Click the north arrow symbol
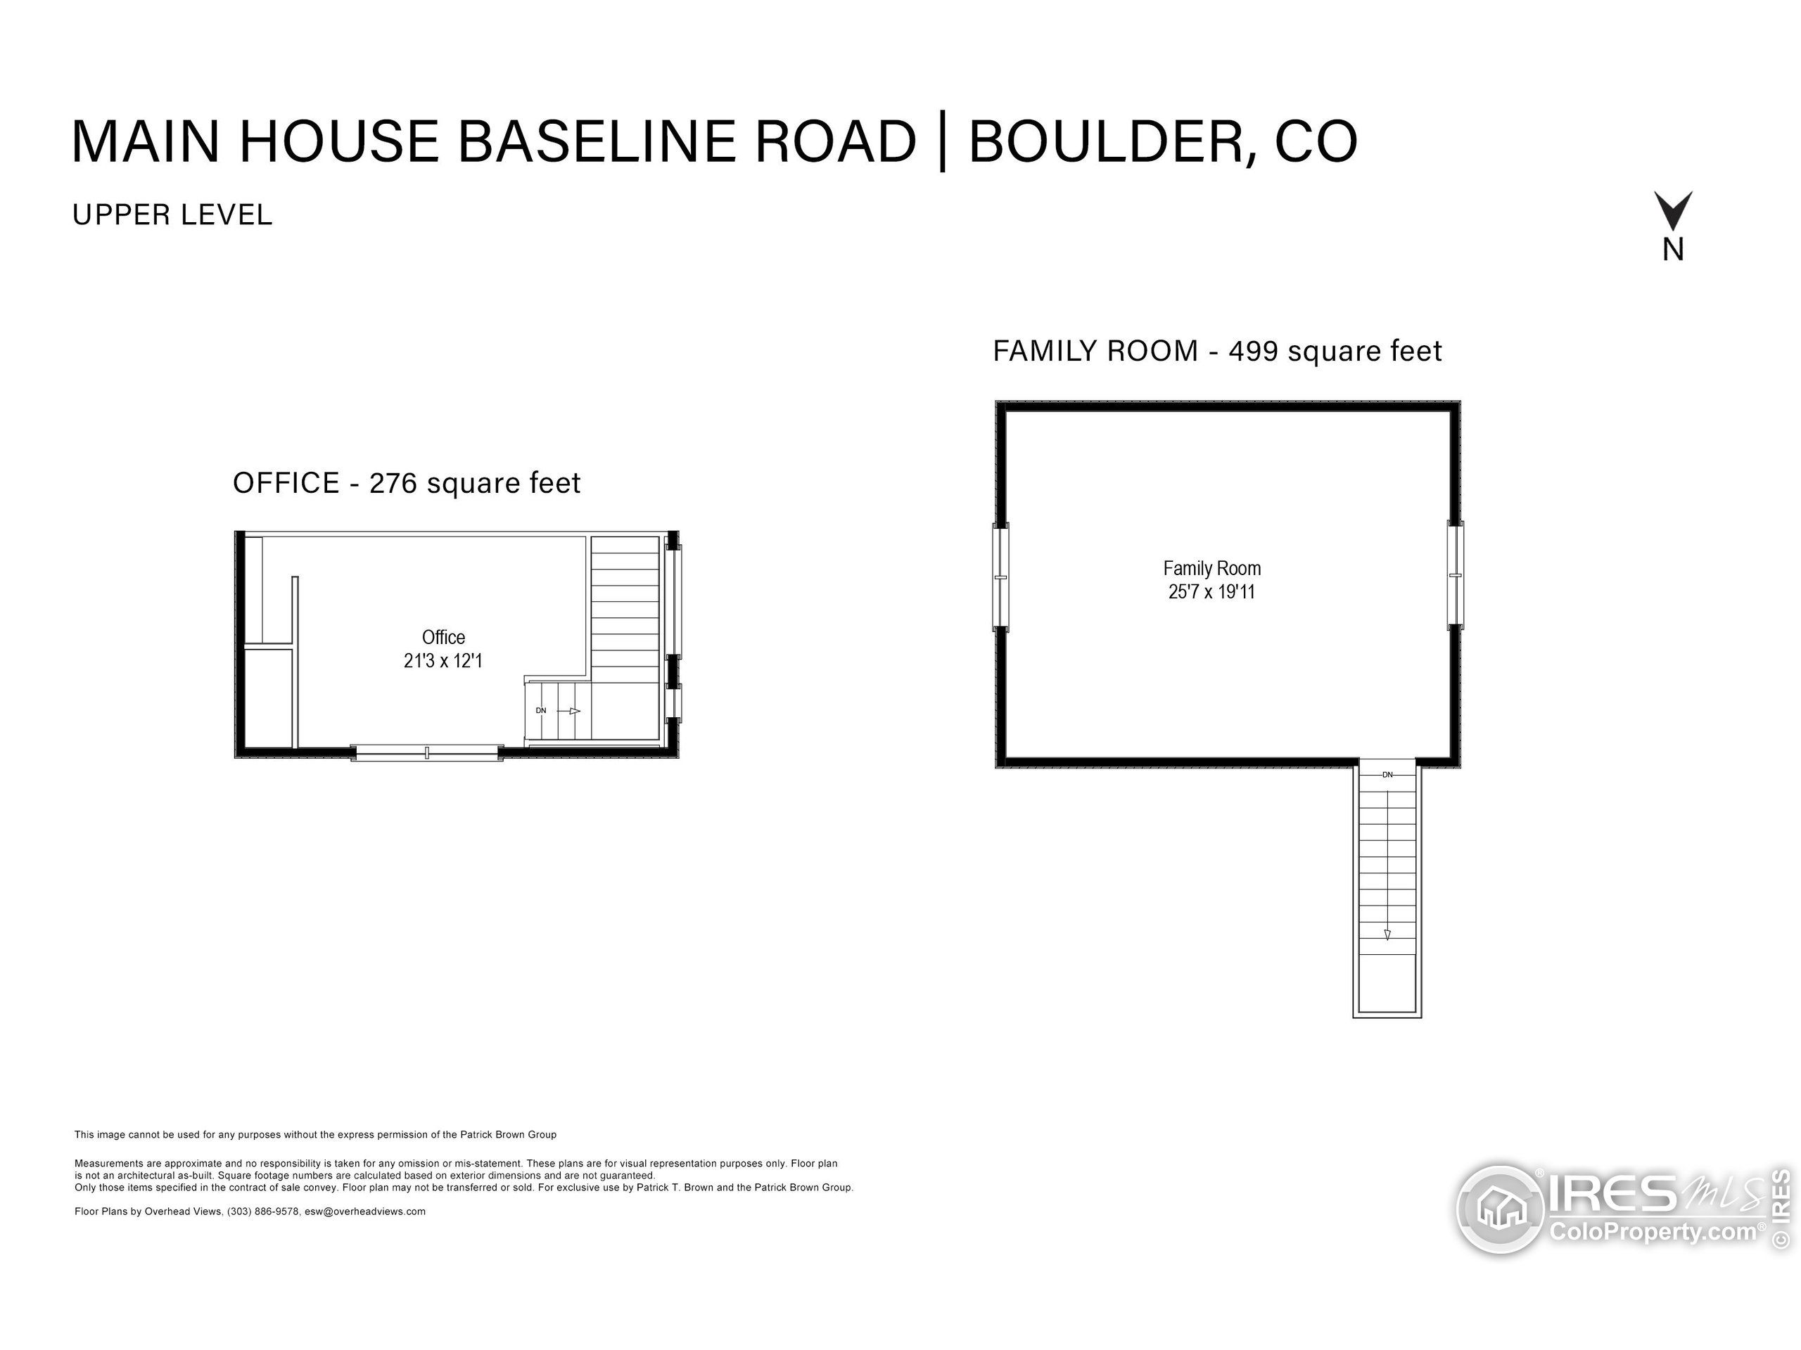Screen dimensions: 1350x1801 pyautogui.click(x=1672, y=211)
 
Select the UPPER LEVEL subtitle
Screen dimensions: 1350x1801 pyautogui.click(x=172, y=215)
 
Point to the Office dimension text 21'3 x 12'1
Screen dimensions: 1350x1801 pyautogui.click(x=443, y=661)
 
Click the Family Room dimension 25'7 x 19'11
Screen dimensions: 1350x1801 pyautogui.click(x=1211, y=591)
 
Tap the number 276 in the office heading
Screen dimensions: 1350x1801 pyautogui.click(x=393, y=483)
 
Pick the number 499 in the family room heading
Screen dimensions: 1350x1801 pyautogui.click(x=1253, y=352)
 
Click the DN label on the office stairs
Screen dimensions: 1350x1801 pyautogui.click(x=540, y=710)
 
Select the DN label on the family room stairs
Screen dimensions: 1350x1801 pyautogui.click(x=1387, y=775)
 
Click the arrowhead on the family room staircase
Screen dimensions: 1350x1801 pyautogui.click(x=1387, y=934)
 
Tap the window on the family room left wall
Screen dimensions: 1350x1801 pyautogui.click(x=1000, y=577)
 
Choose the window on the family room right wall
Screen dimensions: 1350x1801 pyautogui.click(x=1455, y=575)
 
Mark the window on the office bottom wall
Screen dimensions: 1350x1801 pyautogui.click(x=426, y=753)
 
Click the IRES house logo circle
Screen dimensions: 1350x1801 pyautogui.click(x=1499, y=1209)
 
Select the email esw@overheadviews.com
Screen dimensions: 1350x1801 pyautogui.click(x=364, y=1211)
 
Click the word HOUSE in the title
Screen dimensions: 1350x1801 pyautogui.click(x=338, y=141)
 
